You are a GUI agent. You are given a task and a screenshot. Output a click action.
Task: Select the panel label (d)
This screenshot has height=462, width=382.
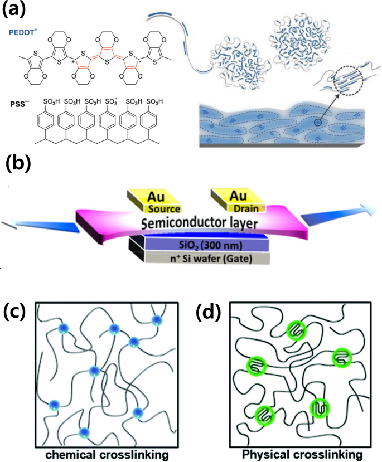[210, 312]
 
